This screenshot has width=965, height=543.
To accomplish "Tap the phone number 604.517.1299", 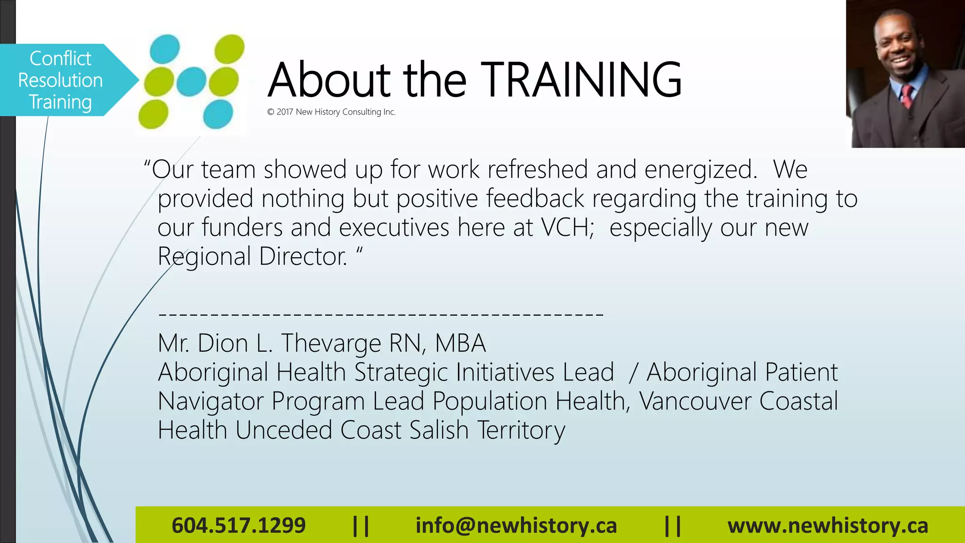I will (238, 526).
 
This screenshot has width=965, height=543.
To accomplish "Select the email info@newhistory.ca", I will (516, 526).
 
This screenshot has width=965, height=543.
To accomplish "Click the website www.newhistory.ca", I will (827, 526).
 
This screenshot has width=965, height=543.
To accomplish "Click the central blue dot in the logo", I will (191, 82).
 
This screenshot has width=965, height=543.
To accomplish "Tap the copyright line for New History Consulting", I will (331, 112).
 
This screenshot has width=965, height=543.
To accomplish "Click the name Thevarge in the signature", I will (331, 343).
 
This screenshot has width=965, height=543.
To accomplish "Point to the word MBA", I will (460, 343).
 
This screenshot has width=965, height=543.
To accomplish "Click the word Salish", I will (439, 430).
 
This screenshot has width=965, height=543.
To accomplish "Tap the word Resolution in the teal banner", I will (60, 81).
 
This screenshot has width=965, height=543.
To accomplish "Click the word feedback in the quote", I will (535, 198).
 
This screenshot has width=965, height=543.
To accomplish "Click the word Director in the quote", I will (302, 257).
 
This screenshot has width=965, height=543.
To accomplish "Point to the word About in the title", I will (329, 80).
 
